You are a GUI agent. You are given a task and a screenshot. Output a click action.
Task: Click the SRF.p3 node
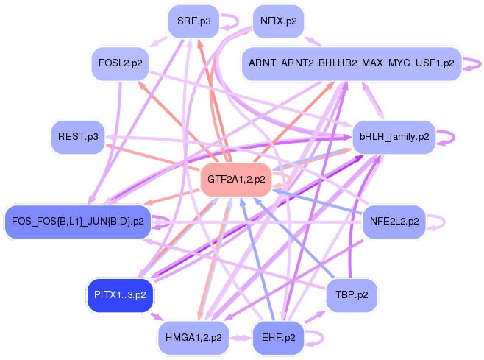pyautogui.click(x=194, y=21)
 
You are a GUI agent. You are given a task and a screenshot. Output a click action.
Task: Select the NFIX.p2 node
pyautogui.click(x=279, y=21)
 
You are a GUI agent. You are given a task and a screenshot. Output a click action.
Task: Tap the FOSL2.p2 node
pyautogui.click(x=121, y=63)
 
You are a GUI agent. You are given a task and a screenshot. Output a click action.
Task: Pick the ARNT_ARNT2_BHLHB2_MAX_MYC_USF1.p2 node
pyautogui.click(x=352, y=63)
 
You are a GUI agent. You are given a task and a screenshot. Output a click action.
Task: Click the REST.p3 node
pyautogui.click(x=78, y=137)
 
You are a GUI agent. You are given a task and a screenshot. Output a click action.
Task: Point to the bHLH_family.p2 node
pyautogui.click(x=394, y=137)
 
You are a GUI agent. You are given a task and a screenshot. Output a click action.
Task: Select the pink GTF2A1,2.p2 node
pyautogui.click(x=236, y=180)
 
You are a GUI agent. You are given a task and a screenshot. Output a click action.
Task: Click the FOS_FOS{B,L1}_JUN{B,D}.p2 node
pyautogui.click(x=78, y=222)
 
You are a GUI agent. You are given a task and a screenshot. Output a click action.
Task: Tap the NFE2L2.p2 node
pyautogui.click(x=394, y=222)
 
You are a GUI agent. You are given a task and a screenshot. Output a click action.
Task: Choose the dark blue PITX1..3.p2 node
pyautogui.click(x=120, y=295)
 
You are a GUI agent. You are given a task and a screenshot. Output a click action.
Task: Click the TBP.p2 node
pyautogui.click(x=352, y=295)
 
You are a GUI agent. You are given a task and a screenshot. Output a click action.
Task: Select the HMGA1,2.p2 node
pyautogui.click(x=193, y=338)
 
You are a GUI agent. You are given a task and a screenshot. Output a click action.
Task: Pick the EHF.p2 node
pyautogui.click(x=279, y=338)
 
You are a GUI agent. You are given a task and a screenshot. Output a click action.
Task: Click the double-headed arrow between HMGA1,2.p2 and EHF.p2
pyautogui.click(x=241, y=338)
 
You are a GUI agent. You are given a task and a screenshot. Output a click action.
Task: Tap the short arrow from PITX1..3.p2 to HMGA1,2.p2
pyautogui.click(x=156, y=316)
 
